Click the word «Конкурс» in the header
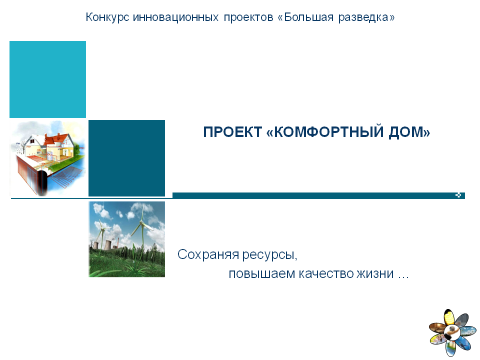[x=107, y=17]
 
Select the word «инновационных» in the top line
[x=175, y=17]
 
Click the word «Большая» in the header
[x=308, y=17]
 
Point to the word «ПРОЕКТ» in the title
[x=232, y=132]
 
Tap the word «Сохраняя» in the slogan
[x=208, y=254]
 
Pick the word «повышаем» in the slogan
[x=261, y=273]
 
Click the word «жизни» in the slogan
[x=375, y=273]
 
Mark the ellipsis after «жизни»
[x=403, y=277]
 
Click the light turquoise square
[x=48, y=79]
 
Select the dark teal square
[x=126, y=158]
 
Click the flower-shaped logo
[x=452, y=332]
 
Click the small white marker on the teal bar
[x=458, y=195]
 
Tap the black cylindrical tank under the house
[x=41, y=182]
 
